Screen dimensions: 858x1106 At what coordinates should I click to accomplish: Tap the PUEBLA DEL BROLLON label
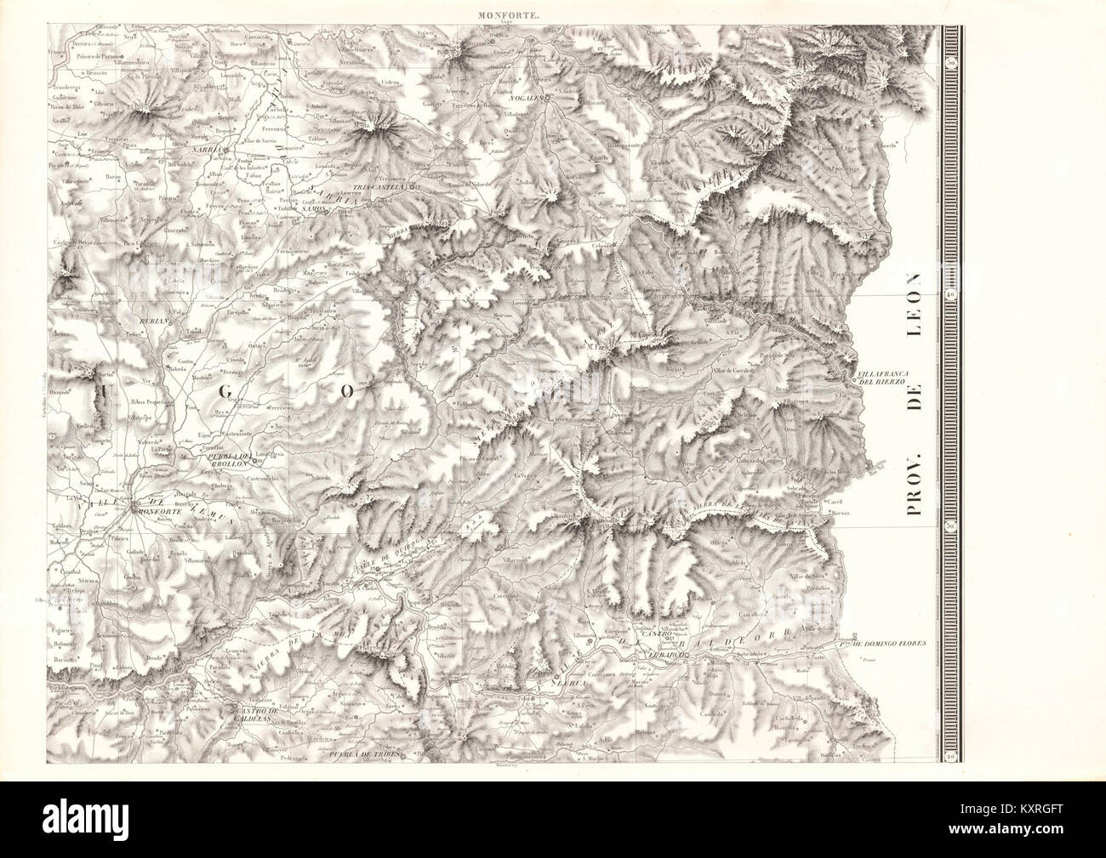click(229, 458)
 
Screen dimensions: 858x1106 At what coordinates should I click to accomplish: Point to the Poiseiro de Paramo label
click(93, 32)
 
